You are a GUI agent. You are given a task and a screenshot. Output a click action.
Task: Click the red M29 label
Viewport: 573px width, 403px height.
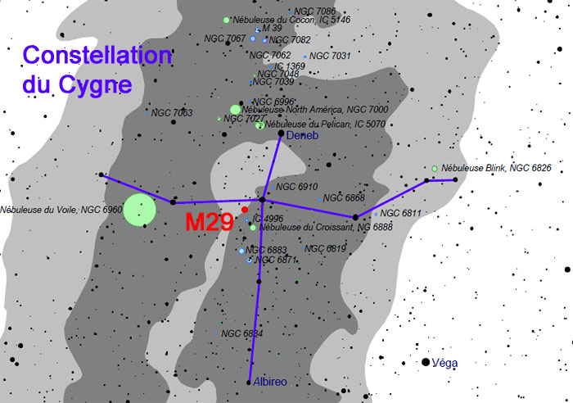click(210, 223)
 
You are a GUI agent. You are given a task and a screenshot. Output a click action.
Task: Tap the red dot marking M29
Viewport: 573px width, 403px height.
click(245, 210)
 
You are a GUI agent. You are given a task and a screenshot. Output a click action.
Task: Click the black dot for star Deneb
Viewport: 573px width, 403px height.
click(281, 133)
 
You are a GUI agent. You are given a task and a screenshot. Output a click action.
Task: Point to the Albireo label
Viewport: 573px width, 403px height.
click(270, 383)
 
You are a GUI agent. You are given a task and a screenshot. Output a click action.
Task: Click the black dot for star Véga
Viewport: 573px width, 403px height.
click(426, 362)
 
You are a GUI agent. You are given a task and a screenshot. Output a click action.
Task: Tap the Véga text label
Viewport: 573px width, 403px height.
click(446, 362)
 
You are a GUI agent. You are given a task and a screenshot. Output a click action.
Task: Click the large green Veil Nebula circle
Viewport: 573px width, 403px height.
click(139, 211)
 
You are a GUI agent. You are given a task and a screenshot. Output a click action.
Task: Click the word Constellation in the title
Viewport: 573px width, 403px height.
click(97, 57)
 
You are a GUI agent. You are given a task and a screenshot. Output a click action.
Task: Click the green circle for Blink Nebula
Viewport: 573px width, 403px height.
click(435, 169)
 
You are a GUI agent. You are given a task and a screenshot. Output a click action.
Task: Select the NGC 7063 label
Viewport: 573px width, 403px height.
click(172, 113)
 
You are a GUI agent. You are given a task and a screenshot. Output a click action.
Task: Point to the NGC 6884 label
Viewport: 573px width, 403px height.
click(242, 333)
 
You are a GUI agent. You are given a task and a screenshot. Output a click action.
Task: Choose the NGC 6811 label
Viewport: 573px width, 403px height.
click(401, 214)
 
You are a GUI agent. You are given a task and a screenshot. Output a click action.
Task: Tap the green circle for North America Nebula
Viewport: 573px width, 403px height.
click(236, 109)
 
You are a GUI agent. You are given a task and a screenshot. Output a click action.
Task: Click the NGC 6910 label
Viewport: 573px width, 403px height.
click(297, 187)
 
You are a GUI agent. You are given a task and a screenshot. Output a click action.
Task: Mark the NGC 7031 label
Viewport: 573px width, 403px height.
click(331, 56)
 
